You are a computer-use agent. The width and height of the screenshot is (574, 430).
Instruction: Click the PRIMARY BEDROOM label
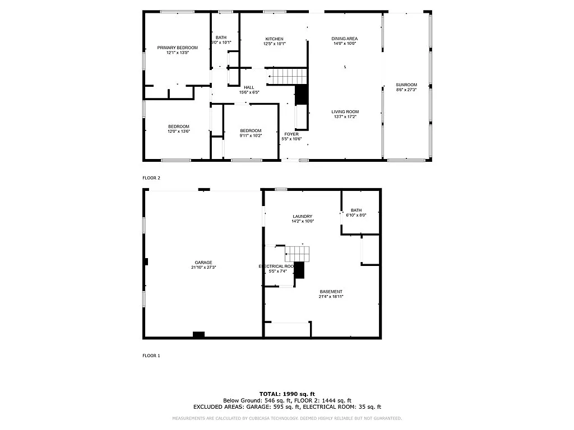click(x=177, y=48)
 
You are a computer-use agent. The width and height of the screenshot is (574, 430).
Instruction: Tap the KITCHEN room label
click(x=274, y=39)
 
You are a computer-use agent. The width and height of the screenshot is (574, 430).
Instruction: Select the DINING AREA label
click(x=345, y=39)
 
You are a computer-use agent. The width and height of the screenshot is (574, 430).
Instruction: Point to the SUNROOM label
click(x=406, y=85)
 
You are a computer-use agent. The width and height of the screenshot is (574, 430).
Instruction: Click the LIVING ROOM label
click(x=345, y=111)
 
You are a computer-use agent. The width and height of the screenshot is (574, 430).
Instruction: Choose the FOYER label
click(x=291, y=134)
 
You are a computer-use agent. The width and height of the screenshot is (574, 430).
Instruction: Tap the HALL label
click(x=249, y=87)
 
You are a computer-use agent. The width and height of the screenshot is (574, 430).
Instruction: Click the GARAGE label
click(x=203, y=262)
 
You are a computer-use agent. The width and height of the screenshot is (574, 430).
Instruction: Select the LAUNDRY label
click(x=302, y=216)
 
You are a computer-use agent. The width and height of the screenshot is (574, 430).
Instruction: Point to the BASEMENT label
click(x=331, y=291)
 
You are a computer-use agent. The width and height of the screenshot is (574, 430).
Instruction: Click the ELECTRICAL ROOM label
click(x=276, y=266)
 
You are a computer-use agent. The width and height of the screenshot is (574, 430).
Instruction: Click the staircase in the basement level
click(x=297, y=254)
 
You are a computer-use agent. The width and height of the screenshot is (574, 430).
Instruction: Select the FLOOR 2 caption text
click(x=151, y=177)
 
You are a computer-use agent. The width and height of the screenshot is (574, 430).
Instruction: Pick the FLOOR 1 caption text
click(x=151, y=356)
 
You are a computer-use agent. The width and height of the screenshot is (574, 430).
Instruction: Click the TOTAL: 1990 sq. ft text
click(x=287, y=394)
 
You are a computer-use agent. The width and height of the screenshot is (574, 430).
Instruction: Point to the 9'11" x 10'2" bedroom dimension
click(x=251, y=136)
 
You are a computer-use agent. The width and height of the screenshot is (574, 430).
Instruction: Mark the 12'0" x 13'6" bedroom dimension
click(x=179, y=132)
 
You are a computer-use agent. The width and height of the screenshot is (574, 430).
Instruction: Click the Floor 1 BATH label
click(x=357, y=210)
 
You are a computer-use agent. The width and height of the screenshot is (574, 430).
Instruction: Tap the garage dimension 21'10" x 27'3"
click(x=203, y=267)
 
